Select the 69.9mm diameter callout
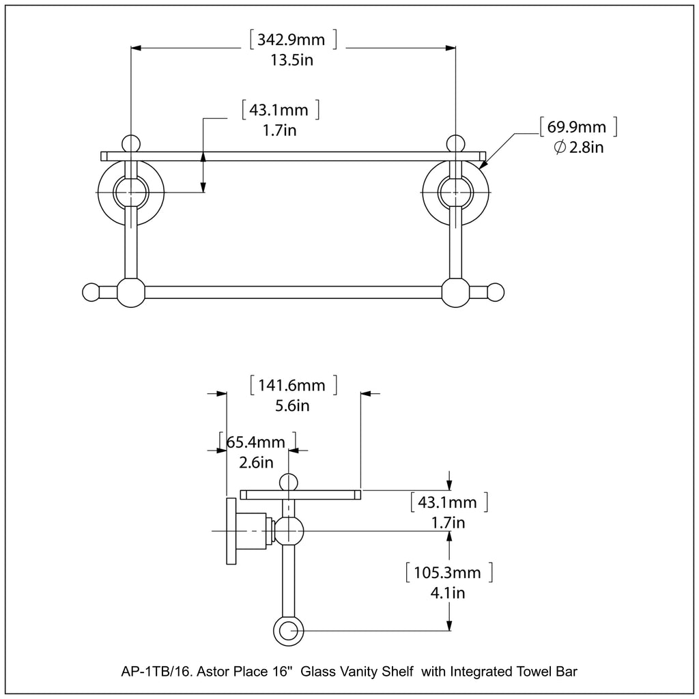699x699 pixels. [x=577, y=127]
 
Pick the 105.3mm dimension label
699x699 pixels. [x=448, y=572]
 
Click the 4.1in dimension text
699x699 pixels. [x=448, y=593]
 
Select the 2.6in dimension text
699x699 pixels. [x=257, y=462]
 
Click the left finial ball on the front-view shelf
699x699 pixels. [x=130, y=143]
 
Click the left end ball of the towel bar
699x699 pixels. [x=91, y=292]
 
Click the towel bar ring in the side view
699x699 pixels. [x=289, y=631]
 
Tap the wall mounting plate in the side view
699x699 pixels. [x=230, y=530]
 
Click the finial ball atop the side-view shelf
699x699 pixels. [x=289, y=481]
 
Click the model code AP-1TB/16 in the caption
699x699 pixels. [x=157, y=672]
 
